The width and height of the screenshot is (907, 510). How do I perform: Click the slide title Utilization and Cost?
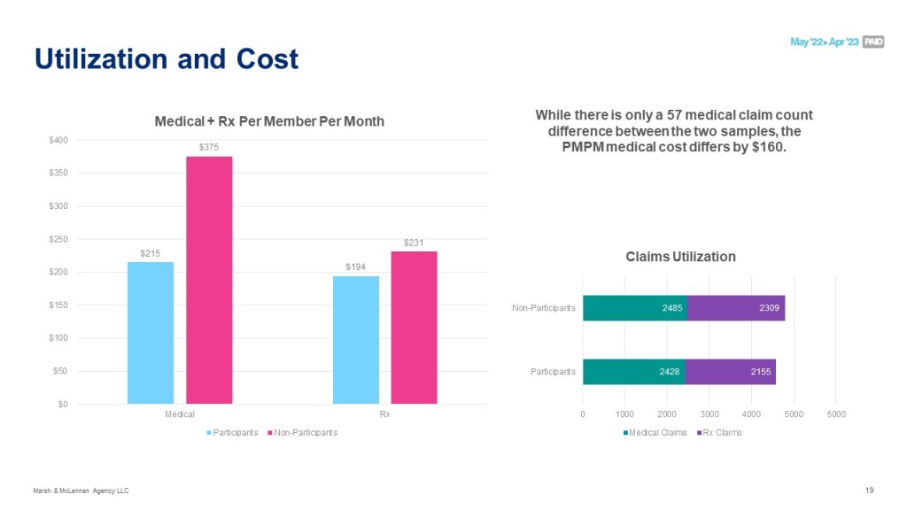point(167,59)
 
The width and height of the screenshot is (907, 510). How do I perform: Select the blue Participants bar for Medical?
point(151,332)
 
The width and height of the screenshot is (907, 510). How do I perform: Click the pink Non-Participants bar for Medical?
point(209,280)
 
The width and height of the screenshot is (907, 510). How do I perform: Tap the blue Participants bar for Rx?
point(356,339)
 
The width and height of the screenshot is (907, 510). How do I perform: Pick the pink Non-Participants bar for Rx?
point(414,327)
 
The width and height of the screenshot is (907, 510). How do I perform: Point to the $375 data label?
point(209,146)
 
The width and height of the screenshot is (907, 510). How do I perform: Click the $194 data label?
point(356,267)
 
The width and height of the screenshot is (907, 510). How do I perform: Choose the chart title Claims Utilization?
point(680,257)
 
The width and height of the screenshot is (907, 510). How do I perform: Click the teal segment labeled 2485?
point(634,308)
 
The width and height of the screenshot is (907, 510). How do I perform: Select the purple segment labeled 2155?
point(730,372)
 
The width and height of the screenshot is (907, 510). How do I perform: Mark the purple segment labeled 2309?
point(735,308)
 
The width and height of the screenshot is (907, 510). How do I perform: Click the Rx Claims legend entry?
point(721,432)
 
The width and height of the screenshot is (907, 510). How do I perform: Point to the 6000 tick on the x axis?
point(836,413)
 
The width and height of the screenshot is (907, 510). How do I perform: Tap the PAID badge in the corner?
point(872,42)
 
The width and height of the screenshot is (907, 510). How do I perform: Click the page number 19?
point(869,490)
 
